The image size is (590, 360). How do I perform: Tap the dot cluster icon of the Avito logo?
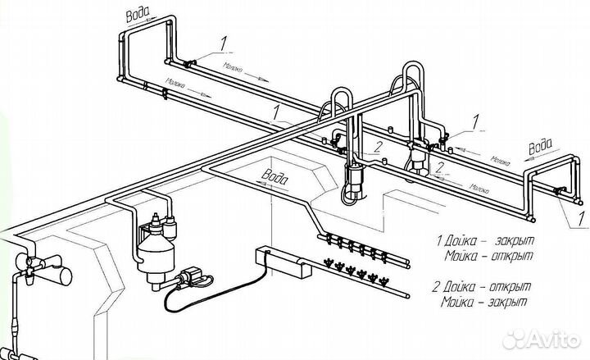point(514,338)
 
